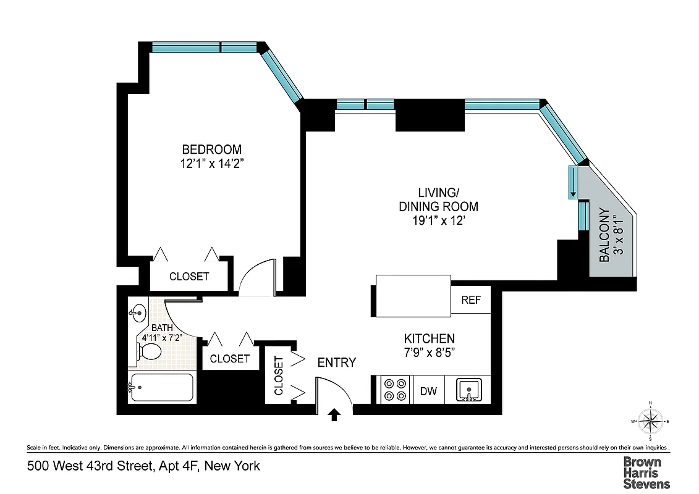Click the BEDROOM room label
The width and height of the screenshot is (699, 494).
coord(211,149)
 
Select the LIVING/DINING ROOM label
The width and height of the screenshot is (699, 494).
coord(438,199)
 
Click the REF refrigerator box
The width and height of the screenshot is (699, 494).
coord(471,301)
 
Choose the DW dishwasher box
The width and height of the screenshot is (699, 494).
coord(428,391)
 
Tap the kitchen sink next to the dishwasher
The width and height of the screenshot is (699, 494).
coord(468,390)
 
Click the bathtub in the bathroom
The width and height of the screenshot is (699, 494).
coord(161,388)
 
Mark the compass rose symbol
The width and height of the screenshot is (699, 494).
coord(650,422)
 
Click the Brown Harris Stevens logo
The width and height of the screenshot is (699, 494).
coord(646,472)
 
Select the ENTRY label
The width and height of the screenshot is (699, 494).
coord(336,362)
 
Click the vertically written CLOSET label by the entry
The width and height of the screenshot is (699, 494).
coord(278,375)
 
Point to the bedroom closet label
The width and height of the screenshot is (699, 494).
coord(189,276)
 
